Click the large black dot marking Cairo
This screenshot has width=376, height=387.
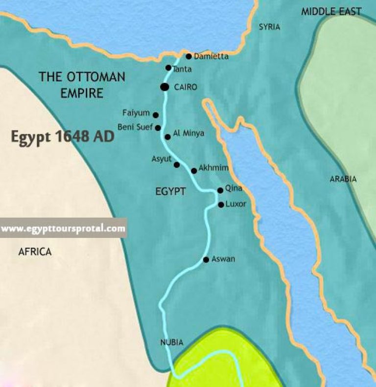click(164, 87)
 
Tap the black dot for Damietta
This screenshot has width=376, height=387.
click(188, 56)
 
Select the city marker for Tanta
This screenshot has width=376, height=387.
click(168, 68)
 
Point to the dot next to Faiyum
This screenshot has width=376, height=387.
click(156, 115)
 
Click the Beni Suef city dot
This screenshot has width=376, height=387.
click(158, 128)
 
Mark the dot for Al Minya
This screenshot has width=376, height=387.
click(167, 137)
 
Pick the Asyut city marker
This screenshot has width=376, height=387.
click(177, 165)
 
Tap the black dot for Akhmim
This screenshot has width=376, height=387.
click(194, 171)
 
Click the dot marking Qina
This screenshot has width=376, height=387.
click(220, 190)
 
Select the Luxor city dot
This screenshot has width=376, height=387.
click(220, 205)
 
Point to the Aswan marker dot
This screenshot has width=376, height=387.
click(207, 259)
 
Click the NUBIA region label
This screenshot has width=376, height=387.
click(171, 342)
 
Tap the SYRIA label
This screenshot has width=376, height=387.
click(269, 27)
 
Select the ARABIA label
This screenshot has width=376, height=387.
click(343, 179)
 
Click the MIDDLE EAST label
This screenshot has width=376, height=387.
click(331, 11)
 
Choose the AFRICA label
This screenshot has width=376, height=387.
click(35, 252)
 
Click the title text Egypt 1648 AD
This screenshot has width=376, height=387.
click(63, 137)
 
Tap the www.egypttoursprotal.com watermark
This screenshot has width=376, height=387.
click(63, 229)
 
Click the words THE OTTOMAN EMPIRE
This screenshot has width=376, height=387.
click(82, 85)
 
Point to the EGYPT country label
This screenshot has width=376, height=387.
click(171, 192)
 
